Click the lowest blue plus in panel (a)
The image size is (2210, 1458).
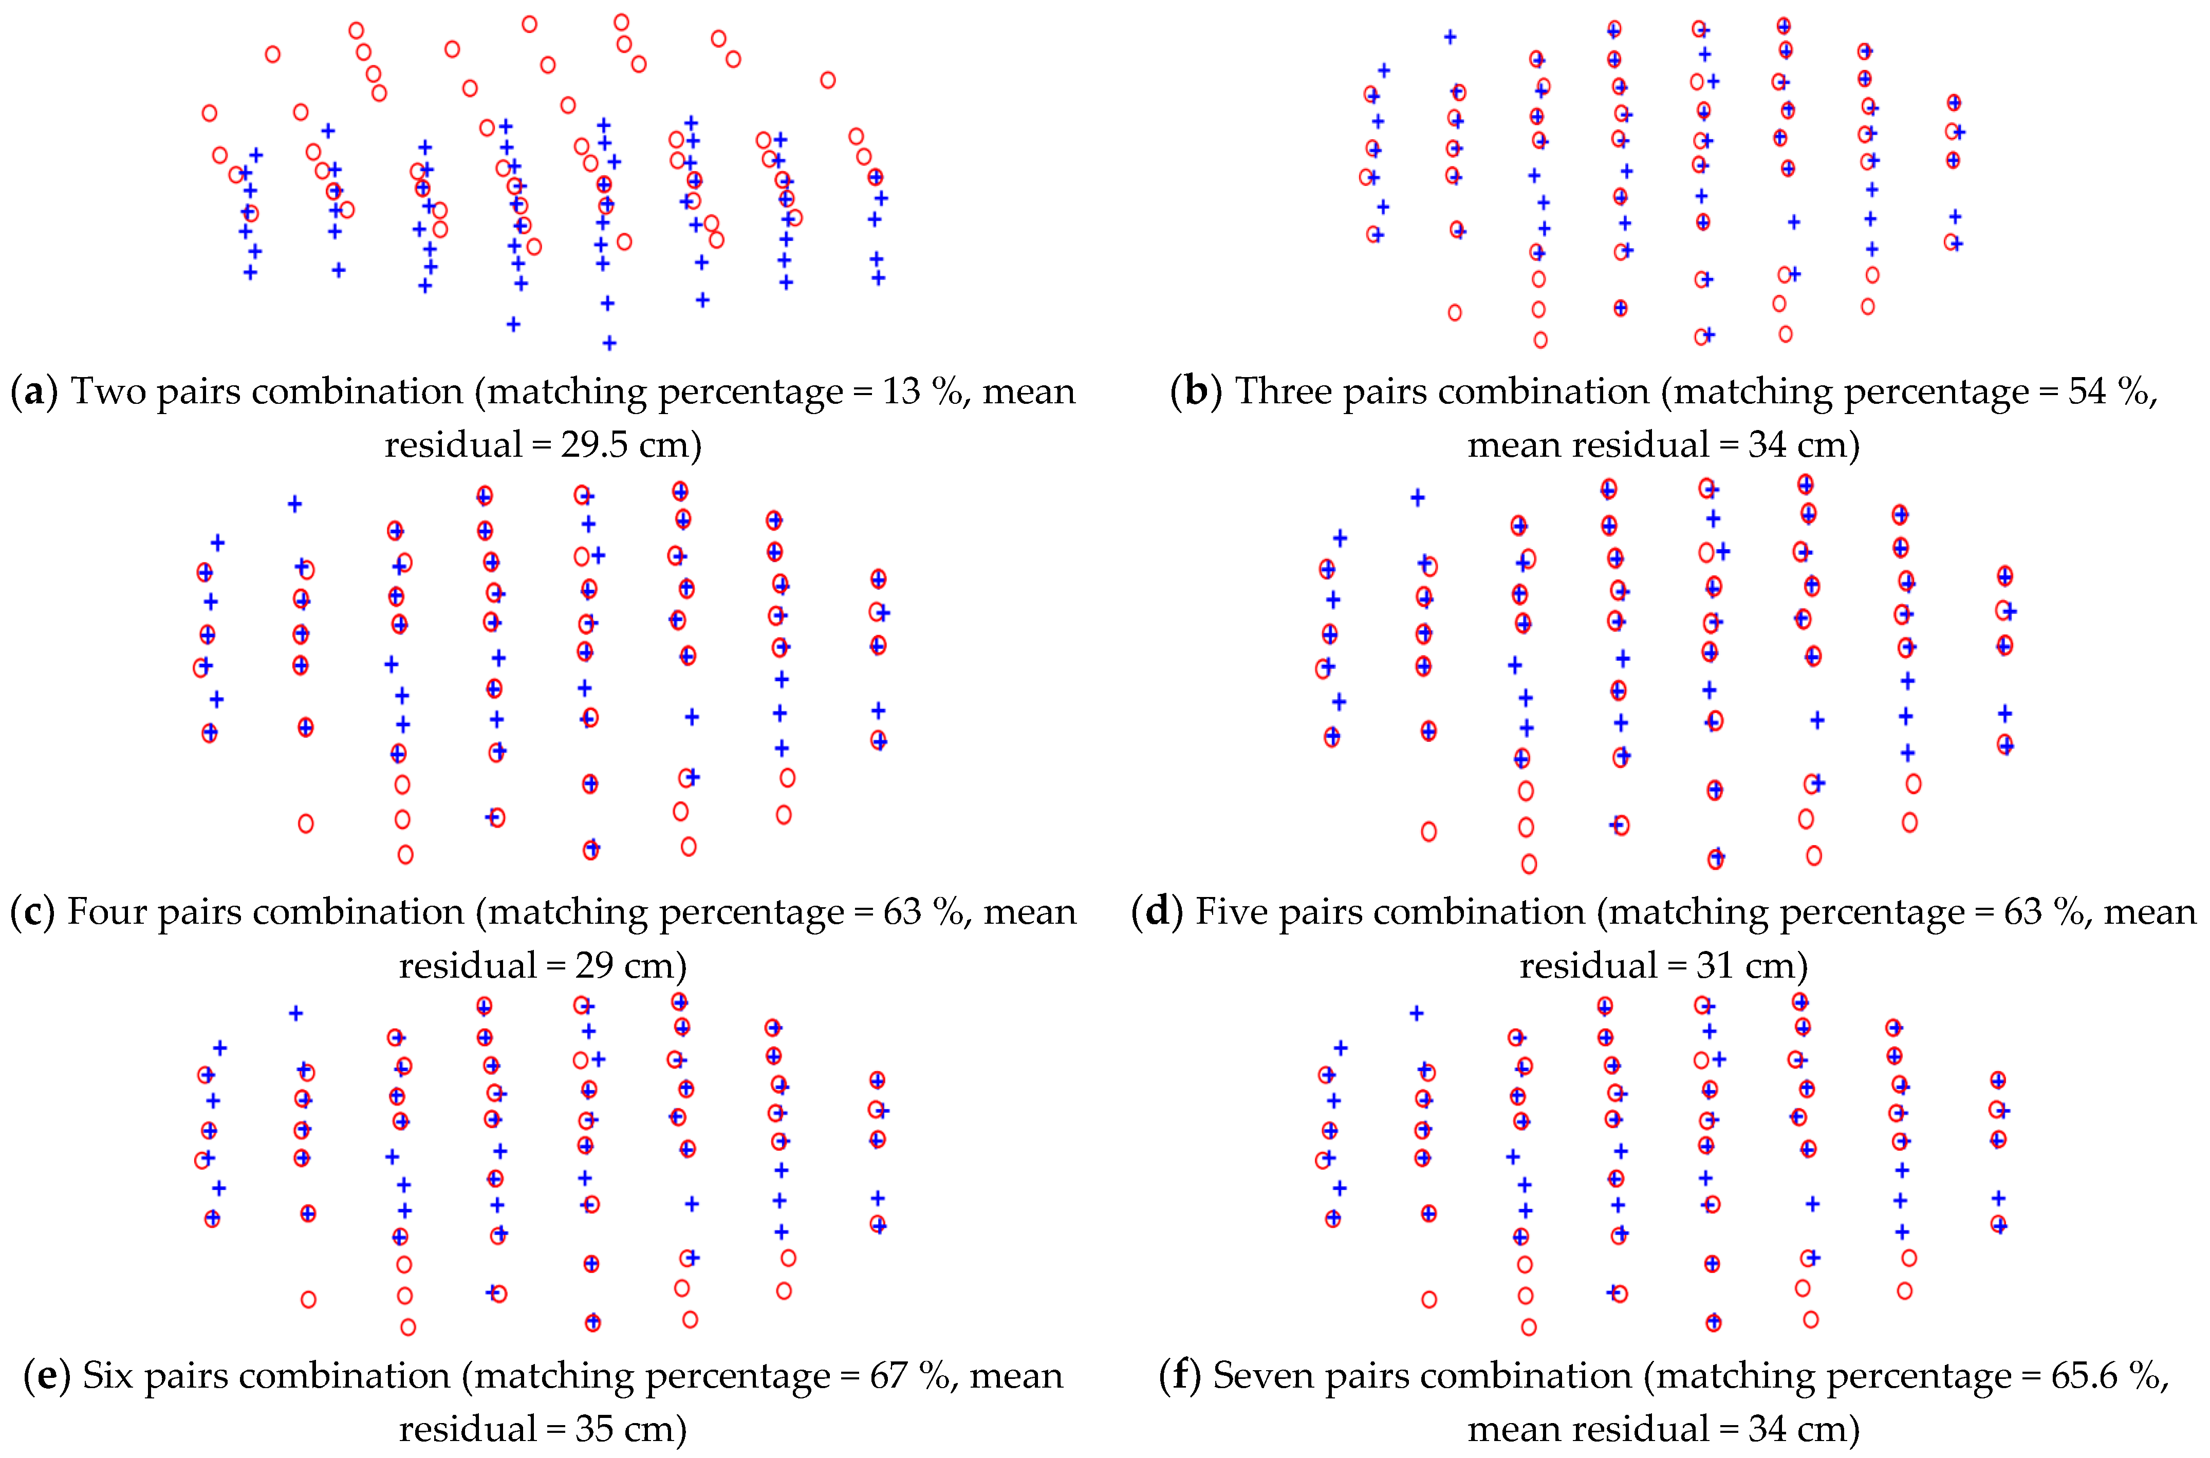tap(609, 343)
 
